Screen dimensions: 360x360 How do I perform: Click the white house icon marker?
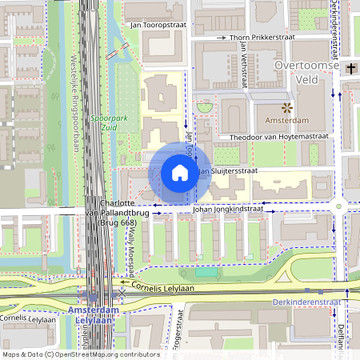point(180,172)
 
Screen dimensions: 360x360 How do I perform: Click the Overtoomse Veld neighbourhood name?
point(306,72)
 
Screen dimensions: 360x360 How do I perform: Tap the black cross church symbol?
point(351,70)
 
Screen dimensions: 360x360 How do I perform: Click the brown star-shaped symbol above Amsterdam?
point(286,106)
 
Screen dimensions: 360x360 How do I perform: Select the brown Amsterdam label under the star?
point(286,121)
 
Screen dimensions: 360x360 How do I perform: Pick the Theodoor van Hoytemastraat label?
point(279,137)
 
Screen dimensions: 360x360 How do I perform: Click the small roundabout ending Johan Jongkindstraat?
point(339,206)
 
